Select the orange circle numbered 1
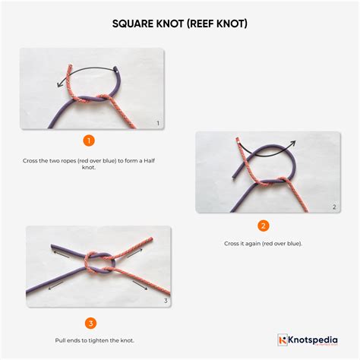tap(89, 141)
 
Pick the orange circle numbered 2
tap(263, 226)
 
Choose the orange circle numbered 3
tap(90, 323)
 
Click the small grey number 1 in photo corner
tap(158, 123)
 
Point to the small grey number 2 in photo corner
tap(334, 207)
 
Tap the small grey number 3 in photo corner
tap(166, 301)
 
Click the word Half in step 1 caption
tap(149, 161)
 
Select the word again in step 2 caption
tap(252, 244)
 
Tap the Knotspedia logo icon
tap(283, 339)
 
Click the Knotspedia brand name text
tap(313, 340)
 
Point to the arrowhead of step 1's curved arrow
tap(59, 85)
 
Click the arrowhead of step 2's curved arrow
tap(293, 144)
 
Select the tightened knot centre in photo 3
tap(100, 264)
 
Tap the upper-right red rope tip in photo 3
tap(151, 238)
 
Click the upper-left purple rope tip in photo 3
tap(52, 246)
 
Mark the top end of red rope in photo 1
tap(70, 66)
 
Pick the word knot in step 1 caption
tap(89, 167)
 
